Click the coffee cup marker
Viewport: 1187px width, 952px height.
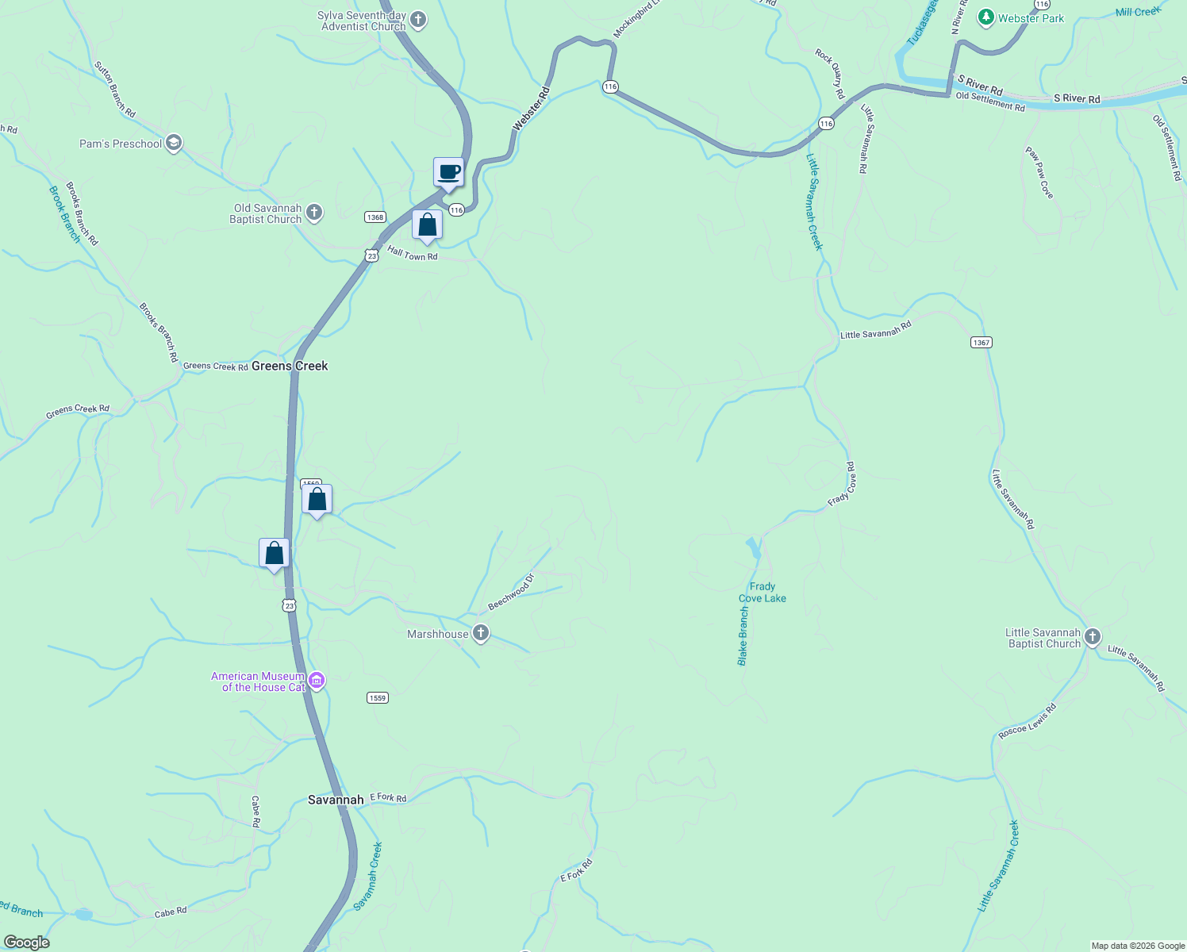tap(448, 172)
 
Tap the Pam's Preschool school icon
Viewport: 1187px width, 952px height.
tap(174, 144)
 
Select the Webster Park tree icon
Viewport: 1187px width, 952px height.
tap(985, 17)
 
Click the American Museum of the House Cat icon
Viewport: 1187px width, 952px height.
tap(317, 681)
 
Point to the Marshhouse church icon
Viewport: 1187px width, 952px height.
tap(480, 633)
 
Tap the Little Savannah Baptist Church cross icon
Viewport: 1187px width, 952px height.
tap(1093, 637)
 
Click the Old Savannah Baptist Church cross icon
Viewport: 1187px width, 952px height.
tap(314, 213)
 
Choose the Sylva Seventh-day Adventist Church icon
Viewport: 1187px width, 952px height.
tap(418, 21)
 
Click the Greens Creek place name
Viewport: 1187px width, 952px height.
tap(290, 366)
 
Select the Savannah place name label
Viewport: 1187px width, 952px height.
tap(336, 800)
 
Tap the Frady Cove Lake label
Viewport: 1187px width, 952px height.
tap(763, 593)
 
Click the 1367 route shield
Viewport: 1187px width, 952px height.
tap(981, 343)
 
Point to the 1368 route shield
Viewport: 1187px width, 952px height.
tap(375, 217)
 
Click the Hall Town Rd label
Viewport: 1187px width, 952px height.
tap(413, 254)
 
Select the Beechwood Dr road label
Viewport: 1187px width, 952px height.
tap(512, 593)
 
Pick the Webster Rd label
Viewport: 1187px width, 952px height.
tap(532, 109)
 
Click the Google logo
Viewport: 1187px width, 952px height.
tap(26, 942)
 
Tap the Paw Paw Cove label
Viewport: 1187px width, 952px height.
tap(1039, 172)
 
